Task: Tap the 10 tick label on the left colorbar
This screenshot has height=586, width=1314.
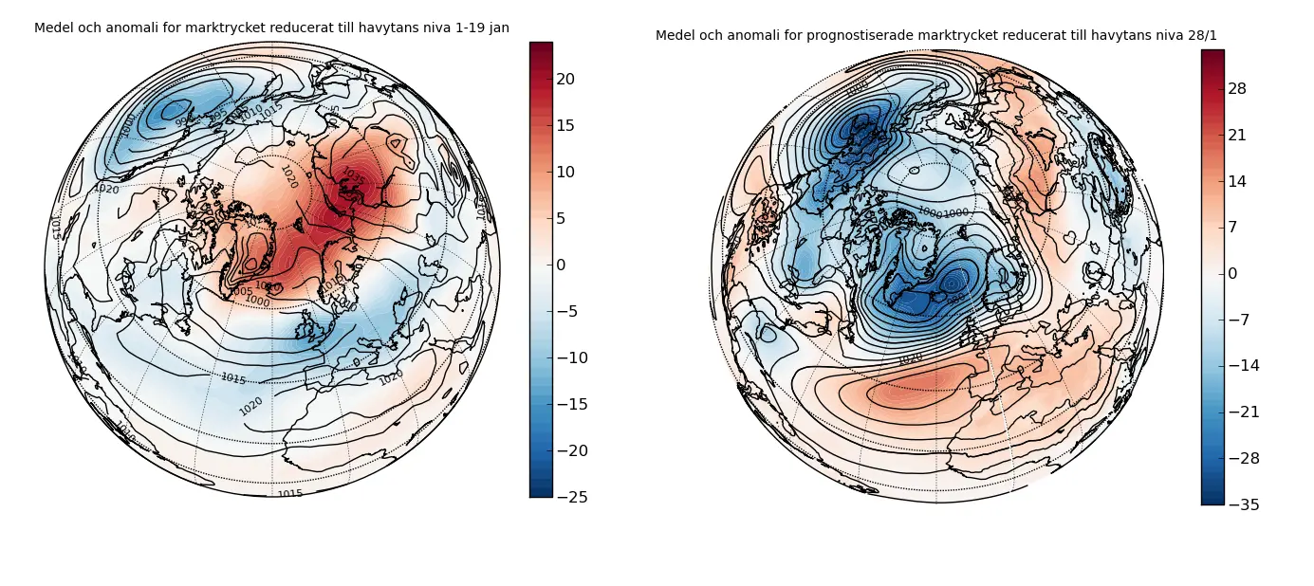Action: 565,172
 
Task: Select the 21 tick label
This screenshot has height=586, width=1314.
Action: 1237,136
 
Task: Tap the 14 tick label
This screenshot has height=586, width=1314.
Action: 1237,181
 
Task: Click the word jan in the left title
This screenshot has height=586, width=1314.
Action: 498,28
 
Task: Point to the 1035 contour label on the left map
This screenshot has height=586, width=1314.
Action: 354,176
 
